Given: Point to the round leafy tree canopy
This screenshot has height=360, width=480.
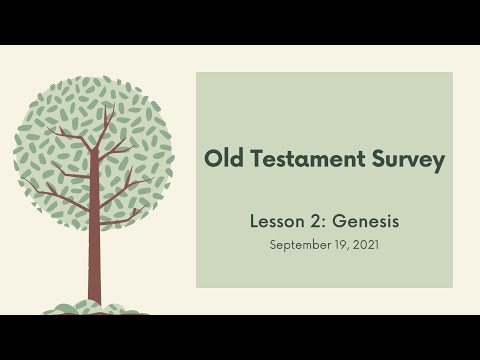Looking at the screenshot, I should (x=95, y=150).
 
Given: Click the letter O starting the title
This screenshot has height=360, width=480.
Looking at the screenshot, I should (x=210, y=159).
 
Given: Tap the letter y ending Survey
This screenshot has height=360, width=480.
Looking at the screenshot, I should (x=437, y=162).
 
